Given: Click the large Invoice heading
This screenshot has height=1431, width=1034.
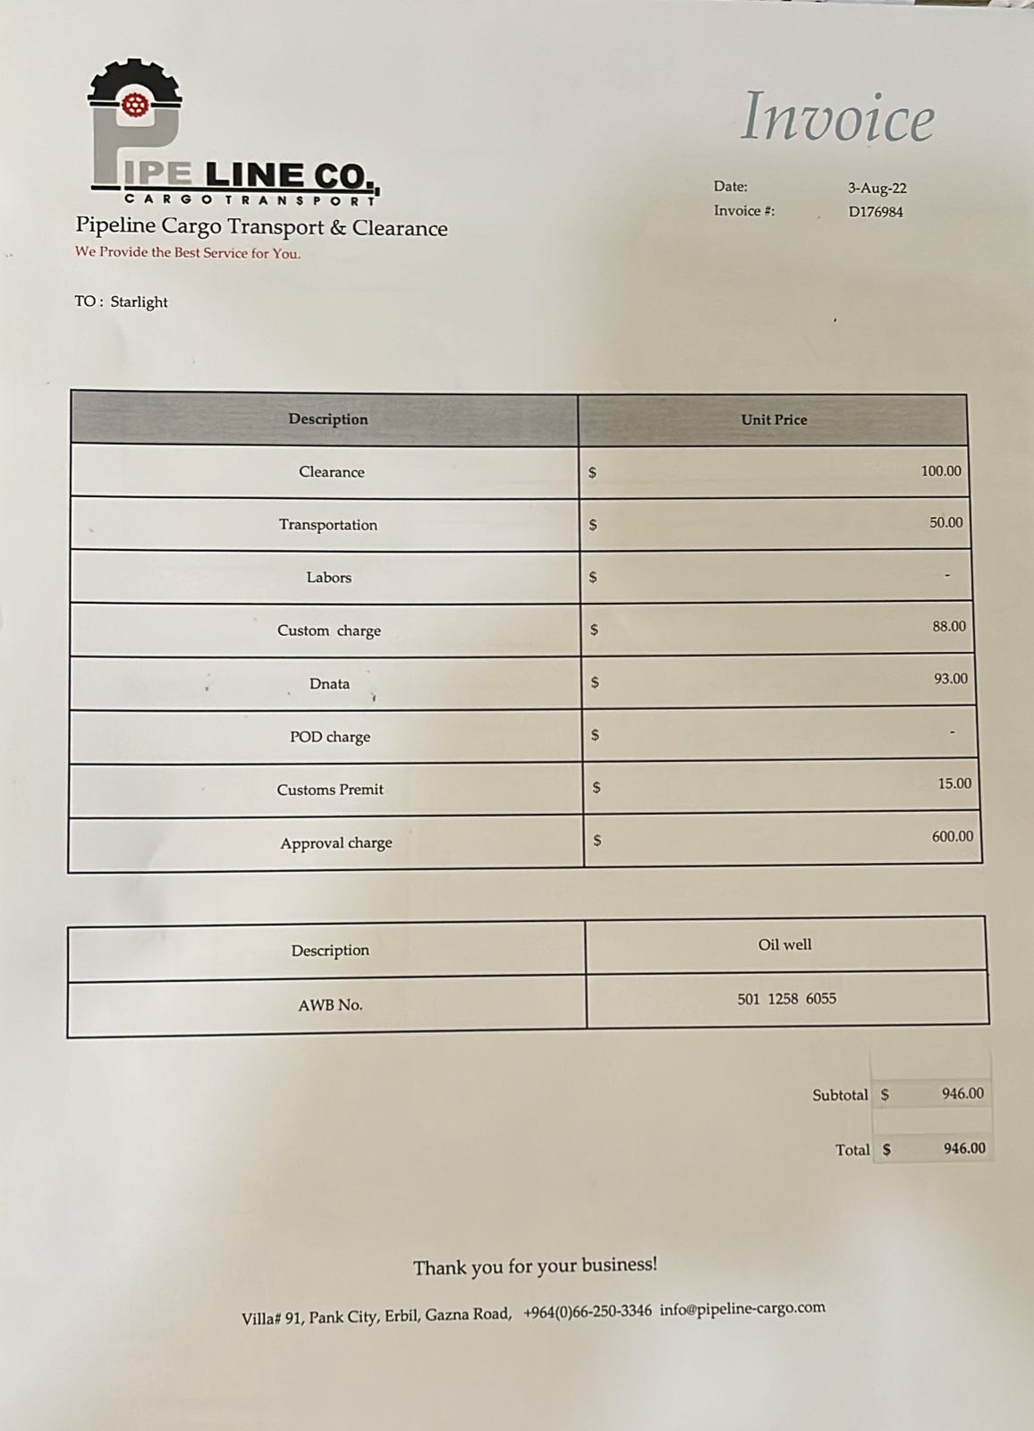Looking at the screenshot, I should pyautogui.click(x=838, y=118).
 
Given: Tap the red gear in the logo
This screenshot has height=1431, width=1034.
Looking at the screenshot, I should pyautogui.click(x=135, y=104).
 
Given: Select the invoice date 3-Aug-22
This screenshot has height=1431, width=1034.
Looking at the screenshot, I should pyautogui.click(x=877, y=188).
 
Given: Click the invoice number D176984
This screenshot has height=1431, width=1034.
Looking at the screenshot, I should pyautogui.click(x=876, y=212).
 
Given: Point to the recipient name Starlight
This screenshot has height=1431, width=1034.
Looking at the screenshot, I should pyautogui.click(x=139, y=302).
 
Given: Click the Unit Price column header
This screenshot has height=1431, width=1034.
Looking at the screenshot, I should pyautogui.click(x=774, y=419).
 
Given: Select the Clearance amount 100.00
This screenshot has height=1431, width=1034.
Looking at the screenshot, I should pyautogui.click(x=941, y=471).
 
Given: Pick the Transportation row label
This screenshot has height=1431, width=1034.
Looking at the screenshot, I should pyautogui.click(x=328, y=525).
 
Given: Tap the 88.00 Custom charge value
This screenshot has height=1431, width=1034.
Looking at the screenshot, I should pyautogui.click(x=949, y=627).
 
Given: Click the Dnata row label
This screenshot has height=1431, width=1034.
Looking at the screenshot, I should pyautogui.click(x=329, y=684).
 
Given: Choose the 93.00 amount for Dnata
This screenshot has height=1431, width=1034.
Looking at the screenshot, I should pyautogui.click(x=951, y=679).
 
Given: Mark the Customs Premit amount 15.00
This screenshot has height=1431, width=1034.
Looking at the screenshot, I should pyautogui.click(x=954, y=783).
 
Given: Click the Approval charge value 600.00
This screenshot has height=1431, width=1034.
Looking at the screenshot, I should pyautogui.click(x=953, y=837).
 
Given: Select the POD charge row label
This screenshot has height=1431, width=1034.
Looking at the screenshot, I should pyautogui.click(x=330, y=737).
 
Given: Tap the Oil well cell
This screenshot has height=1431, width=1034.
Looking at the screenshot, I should pyautogui.click(x=784, y=944).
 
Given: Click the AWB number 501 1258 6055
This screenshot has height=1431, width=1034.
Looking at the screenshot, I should pyautogui.click(x=786, y=999).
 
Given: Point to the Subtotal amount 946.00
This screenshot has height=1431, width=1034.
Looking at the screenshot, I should pyautogui.click(x=962, y=1094).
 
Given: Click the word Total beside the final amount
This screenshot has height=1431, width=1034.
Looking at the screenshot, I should pyautogui.click(x=852, y=1150).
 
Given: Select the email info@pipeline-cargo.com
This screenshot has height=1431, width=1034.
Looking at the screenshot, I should pyautogui.click(x=742, y=1309).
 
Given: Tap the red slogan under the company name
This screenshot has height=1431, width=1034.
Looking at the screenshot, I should pyautogui.click(x=188, y=253).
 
